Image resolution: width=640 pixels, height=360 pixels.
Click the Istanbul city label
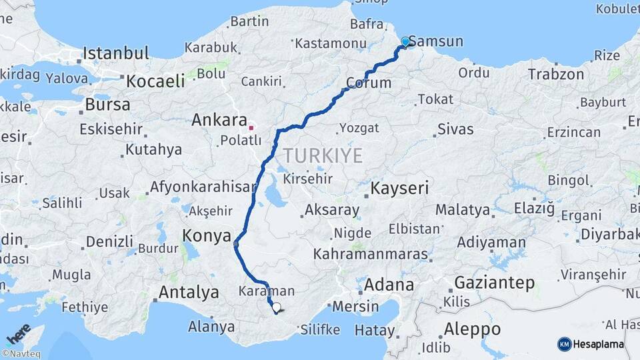coord(115,53)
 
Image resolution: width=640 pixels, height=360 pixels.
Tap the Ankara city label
coord(219,120)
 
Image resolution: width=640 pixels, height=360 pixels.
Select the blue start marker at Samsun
coord(405,42)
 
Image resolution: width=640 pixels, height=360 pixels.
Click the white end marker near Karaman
coord(276,308)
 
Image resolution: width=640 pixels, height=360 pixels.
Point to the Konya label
coord(207,235)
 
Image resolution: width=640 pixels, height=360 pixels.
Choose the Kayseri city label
coord(399,188)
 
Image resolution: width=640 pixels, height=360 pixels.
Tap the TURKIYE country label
coord(323,156)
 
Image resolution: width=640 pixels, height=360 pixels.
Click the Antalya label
coord(189,292)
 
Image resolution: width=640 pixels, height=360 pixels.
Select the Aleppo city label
coord(472,329)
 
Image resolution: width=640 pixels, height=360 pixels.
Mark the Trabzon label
coord(556,74)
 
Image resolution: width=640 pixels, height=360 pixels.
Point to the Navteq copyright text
coord(19,353)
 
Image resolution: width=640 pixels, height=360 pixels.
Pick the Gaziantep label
coord(494,283)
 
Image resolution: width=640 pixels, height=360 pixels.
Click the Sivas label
coord(455,129)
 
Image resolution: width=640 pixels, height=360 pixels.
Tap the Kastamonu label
coord(331,43)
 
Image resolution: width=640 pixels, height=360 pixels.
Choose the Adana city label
coord(389,285)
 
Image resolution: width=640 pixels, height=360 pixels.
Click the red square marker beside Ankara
coord(251,127)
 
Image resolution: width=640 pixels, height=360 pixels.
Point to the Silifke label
coord(320,329)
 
